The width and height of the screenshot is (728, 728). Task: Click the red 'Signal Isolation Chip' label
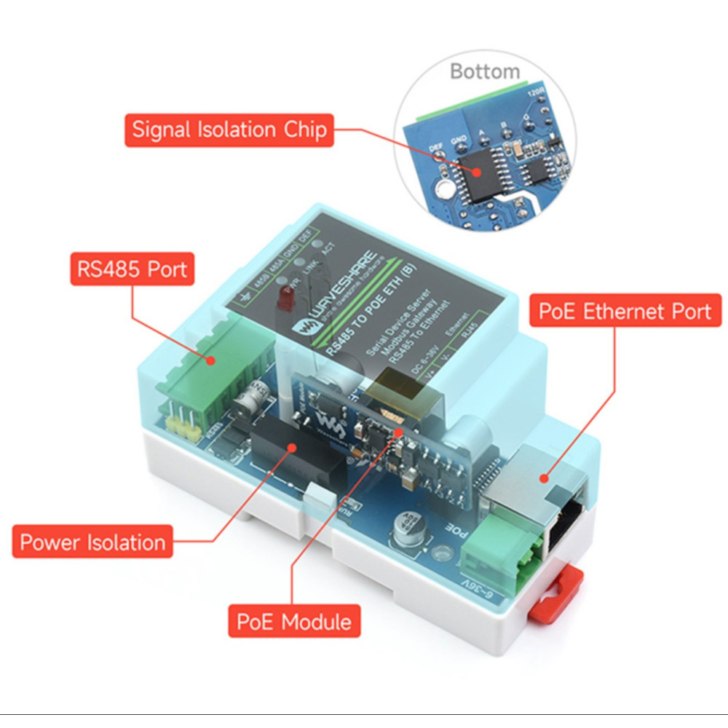click(x=229, y=130)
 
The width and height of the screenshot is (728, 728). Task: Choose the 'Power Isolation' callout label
click(x=92, y=542)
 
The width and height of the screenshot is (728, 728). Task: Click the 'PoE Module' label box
click(x=294, y=621)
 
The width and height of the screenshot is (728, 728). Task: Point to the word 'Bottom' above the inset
click(x=485, y=71)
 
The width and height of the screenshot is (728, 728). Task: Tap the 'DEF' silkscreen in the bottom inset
click(x=436, y=146)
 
